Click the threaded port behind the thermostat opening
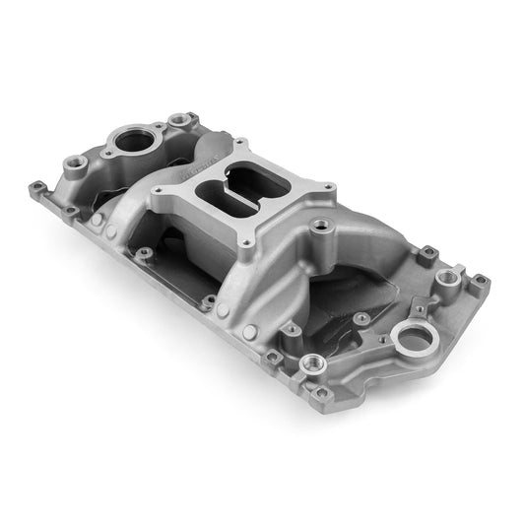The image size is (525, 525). pos(178,120)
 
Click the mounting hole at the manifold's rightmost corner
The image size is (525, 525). pos(480,282)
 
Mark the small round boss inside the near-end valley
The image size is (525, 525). pos(362,317)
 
